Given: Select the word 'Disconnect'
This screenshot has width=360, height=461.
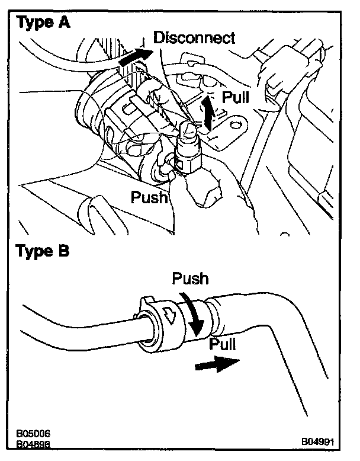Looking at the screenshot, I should pyautogui.click(x=194, y=38).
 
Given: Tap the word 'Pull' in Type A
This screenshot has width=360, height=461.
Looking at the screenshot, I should pyautogui.click(x=235, y=97).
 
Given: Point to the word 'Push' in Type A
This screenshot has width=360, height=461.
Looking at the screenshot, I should pyautogui.click(x=149, y=196).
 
